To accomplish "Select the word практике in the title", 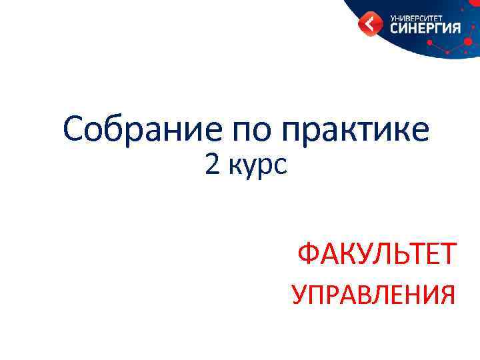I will (355, 131).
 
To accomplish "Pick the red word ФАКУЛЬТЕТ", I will (377, 254).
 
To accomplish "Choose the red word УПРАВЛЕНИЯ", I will (374, 294).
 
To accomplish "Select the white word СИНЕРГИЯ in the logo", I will (425, 28).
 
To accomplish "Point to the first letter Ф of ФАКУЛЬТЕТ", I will (309, 254).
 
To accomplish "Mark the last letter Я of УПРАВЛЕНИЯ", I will (447, 294).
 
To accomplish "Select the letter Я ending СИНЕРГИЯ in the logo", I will (455, 28).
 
